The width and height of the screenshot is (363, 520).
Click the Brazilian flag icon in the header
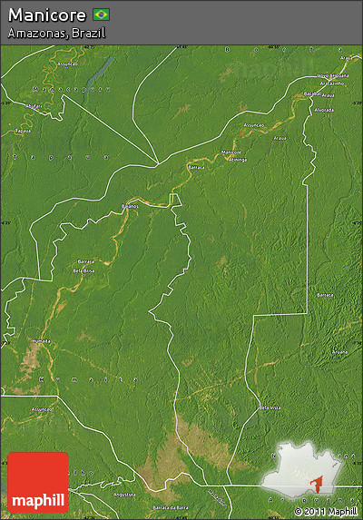[101, 15]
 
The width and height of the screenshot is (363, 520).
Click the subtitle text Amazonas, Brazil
[56, 33]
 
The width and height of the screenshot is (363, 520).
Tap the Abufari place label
[34, 106]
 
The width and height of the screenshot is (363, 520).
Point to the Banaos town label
[131, 207]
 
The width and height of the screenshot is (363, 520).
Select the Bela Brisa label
[84, 270]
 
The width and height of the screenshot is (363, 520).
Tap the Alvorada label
[324, 110]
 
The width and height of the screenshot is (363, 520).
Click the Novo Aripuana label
[333, 75]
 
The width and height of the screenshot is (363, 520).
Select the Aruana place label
[339, 351]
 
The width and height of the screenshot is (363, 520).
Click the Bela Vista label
[269, 407]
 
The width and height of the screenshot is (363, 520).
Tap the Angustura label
[124, 495]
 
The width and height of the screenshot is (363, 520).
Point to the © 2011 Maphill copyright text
[325, 511]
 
